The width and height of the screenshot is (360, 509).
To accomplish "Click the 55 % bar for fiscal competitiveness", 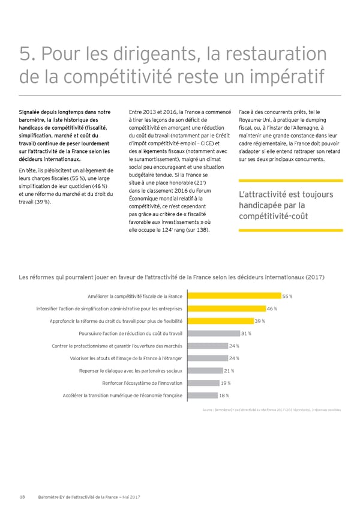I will [234, 296].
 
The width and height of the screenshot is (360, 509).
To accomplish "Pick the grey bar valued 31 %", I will [213, 333].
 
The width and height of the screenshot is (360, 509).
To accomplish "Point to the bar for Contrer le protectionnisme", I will [207, 346].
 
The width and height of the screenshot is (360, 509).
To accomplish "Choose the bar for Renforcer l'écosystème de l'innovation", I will [203, 383].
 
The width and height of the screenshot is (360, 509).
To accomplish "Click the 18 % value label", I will [224, 395].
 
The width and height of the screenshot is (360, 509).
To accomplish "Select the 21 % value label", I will [229, 370].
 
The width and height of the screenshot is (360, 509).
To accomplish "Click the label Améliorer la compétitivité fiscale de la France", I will [135, 296].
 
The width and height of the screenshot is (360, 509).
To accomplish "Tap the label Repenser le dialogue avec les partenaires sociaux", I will [131, 370].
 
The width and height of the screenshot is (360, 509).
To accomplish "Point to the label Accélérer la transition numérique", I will [122, 395].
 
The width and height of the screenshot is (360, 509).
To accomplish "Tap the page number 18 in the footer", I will [22, 496].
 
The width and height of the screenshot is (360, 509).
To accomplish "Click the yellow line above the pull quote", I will [289, 181].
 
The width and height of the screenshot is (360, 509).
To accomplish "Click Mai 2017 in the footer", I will [131, 496].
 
